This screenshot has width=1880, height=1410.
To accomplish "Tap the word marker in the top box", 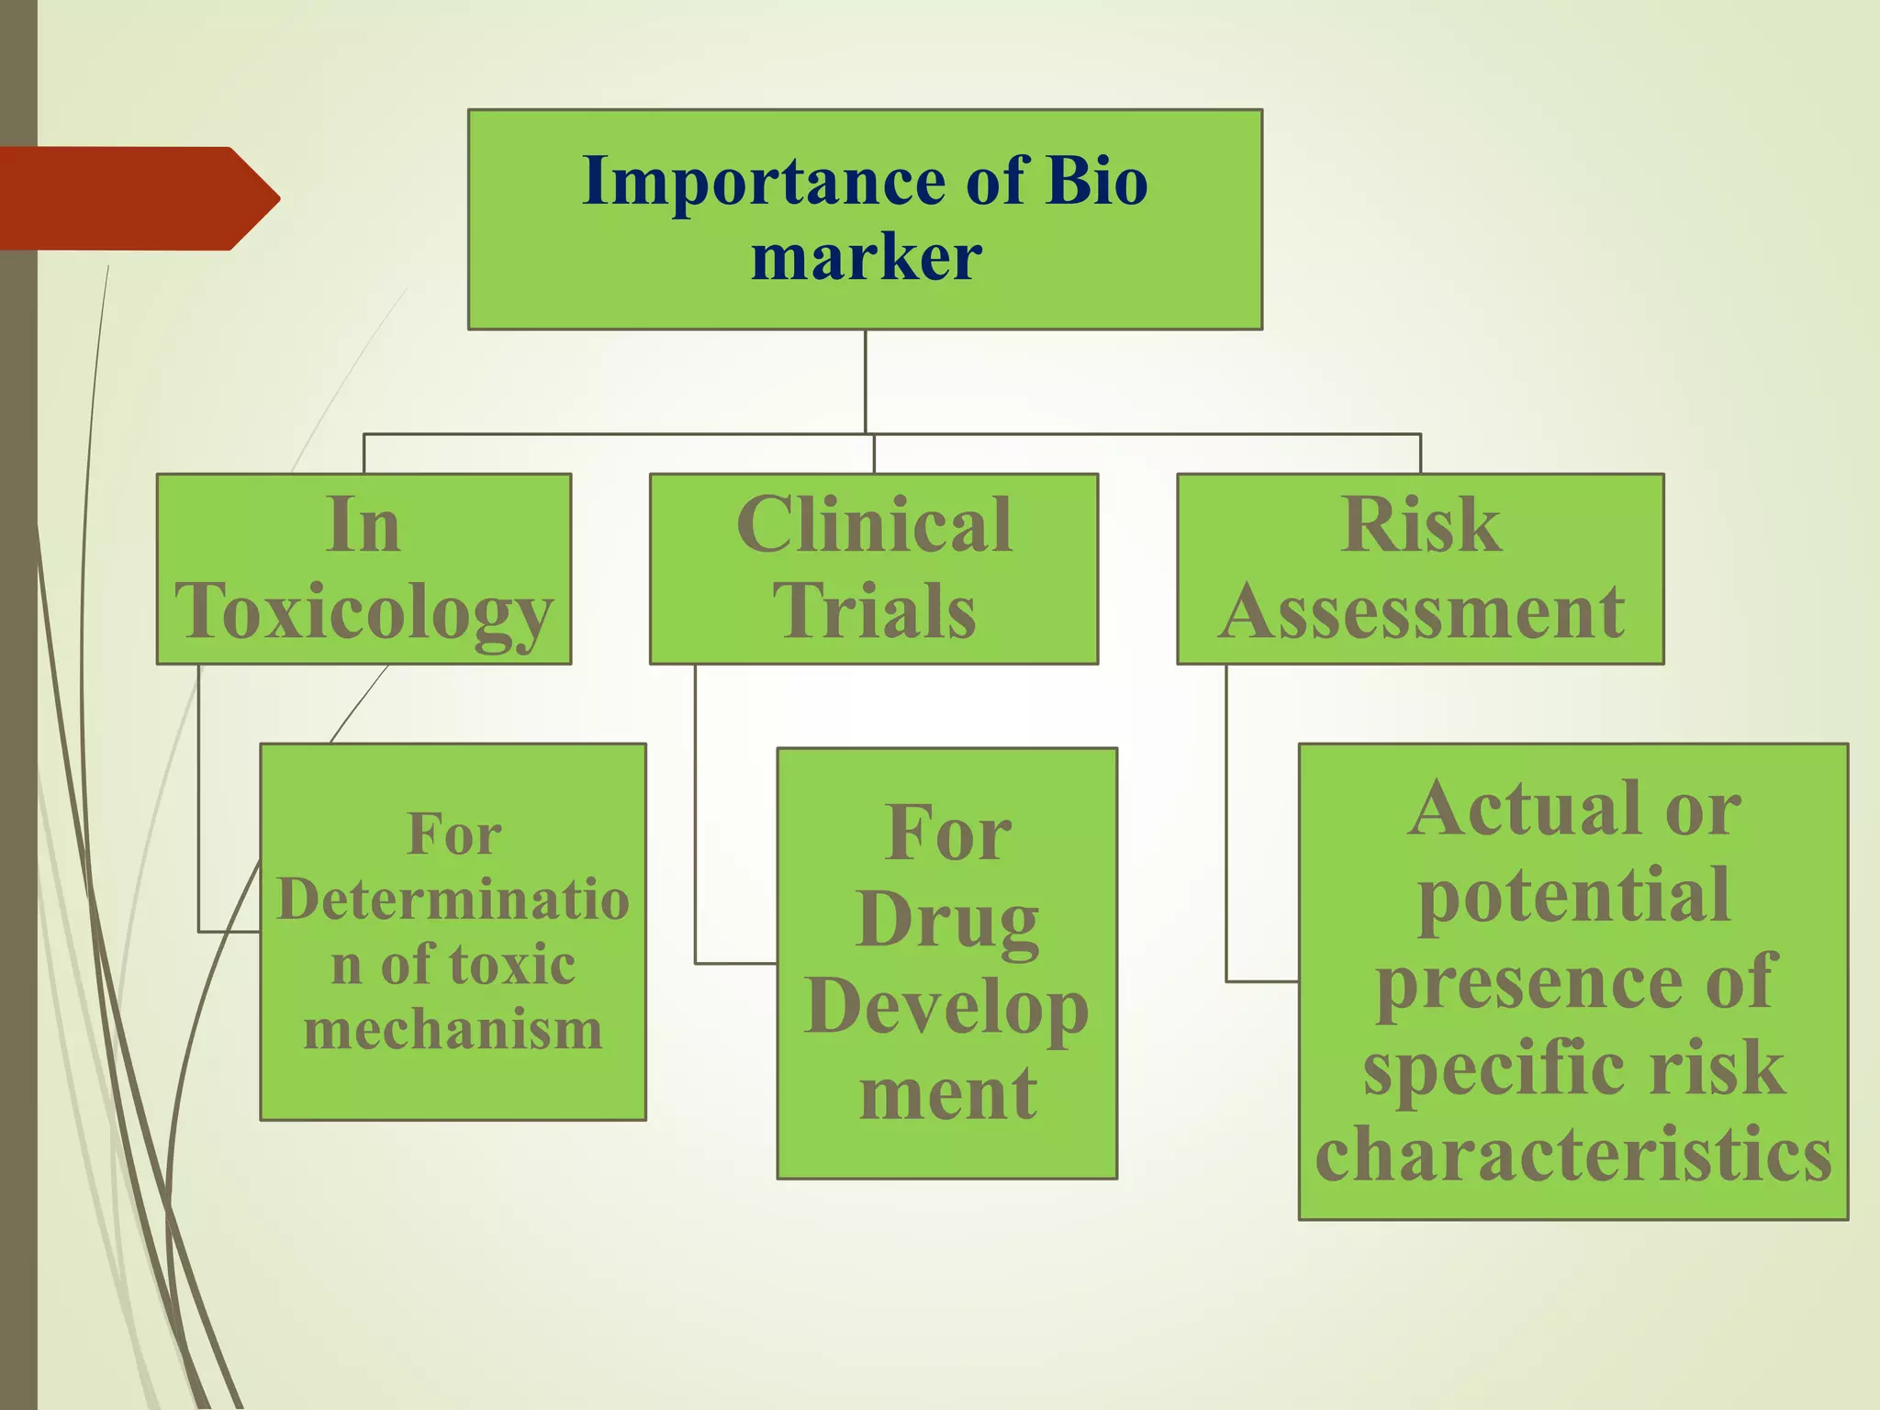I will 866,257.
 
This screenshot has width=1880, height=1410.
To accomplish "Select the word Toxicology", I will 364,611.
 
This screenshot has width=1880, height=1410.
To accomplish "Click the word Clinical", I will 874,525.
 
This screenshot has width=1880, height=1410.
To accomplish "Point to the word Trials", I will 874,611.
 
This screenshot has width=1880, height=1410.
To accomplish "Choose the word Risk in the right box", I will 1420,525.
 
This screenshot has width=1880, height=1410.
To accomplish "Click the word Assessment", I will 1420,611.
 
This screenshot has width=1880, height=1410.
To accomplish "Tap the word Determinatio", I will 453,900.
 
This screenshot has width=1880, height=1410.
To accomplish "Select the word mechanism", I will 453,1030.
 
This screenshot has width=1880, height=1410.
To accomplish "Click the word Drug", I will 947,921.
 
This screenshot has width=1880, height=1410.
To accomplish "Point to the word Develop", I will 947,1007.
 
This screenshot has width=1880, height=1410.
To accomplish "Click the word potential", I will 1573,896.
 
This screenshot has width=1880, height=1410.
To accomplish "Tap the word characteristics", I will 1573,1155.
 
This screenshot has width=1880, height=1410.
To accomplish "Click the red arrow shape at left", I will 138,198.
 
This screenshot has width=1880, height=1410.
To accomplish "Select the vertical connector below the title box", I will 866,381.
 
